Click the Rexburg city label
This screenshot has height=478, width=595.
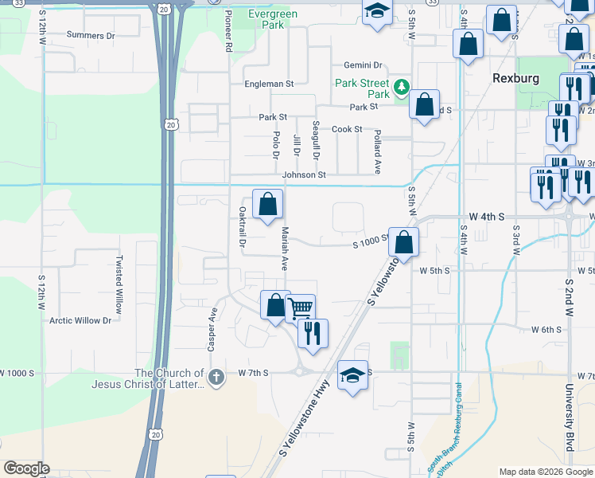tap(515, 78)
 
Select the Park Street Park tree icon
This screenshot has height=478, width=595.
tap(402, 85)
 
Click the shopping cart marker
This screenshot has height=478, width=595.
tap(300, 308)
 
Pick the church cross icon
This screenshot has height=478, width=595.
tap(216, 374)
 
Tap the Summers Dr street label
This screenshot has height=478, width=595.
tap(91, 36)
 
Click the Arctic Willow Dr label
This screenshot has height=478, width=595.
tap(80, 320)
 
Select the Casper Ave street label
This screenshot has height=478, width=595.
tap(213, 329)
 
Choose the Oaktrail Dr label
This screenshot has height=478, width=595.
tap(242, 227)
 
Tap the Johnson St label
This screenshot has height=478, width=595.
tap(303, 174)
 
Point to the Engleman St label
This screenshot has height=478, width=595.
tap(269, 83)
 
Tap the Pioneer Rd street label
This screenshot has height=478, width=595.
tap(227, 32)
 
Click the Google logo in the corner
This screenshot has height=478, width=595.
tap(25, 468)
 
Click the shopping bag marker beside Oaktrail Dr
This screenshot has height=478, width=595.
tap(268, 203)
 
